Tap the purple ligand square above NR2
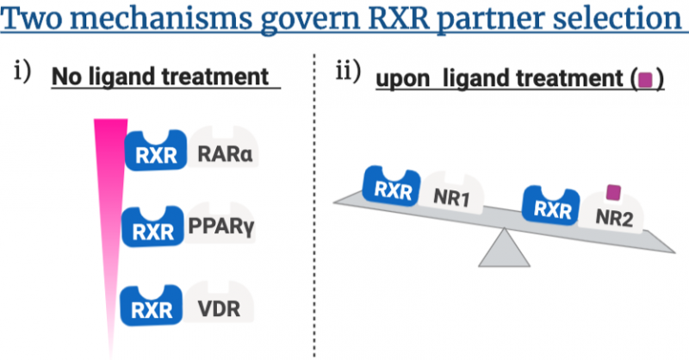pyautogui.click(x=614, y=192)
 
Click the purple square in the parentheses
pyautogui.click(x=643, y=81)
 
